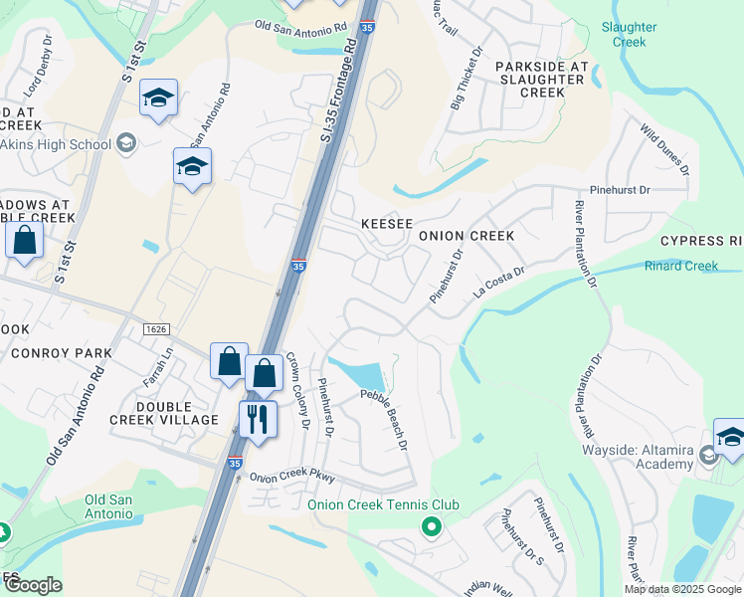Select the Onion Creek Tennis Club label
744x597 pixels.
383,504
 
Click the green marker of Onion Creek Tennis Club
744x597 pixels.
431,525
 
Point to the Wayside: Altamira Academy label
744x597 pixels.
639,457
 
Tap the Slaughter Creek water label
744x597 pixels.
629,35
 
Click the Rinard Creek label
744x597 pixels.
681,266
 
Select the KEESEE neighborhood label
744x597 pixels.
386,225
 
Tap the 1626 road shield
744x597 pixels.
155,328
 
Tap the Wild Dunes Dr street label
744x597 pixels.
664,149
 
